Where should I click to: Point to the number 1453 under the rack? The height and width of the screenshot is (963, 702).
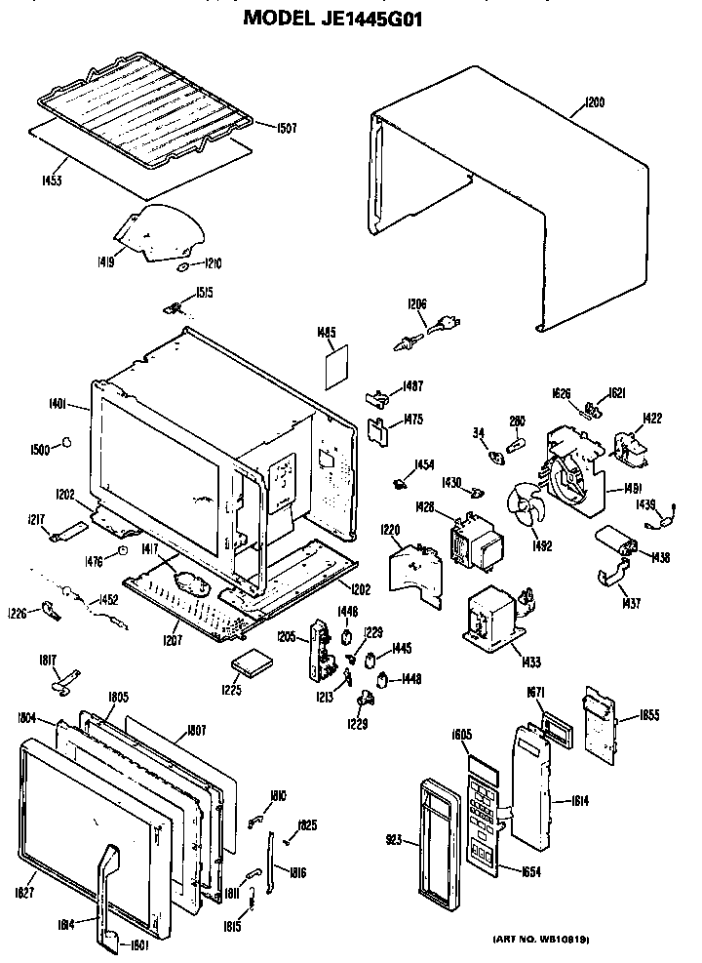point(53,181)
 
